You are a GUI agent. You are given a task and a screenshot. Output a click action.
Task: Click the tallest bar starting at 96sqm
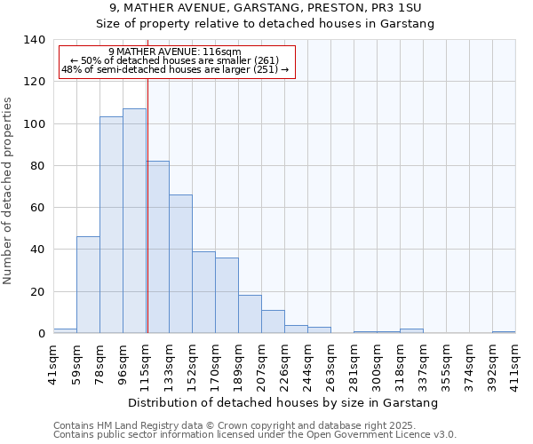pos(134,221)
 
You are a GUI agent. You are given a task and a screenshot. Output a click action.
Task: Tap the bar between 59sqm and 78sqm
pos(88,285)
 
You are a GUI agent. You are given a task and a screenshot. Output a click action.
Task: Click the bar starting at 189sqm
pos(250,314)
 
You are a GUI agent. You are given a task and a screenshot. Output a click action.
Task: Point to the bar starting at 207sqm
pos(273,321)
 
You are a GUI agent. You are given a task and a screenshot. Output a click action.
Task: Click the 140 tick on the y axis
pos(35,40)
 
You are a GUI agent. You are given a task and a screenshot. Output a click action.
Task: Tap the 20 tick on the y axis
pos(38,291)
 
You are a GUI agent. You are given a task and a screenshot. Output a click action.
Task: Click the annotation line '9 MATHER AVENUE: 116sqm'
pos(174,52)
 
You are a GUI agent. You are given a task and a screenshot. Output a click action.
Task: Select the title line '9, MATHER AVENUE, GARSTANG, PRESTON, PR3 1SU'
pos(265,8)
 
